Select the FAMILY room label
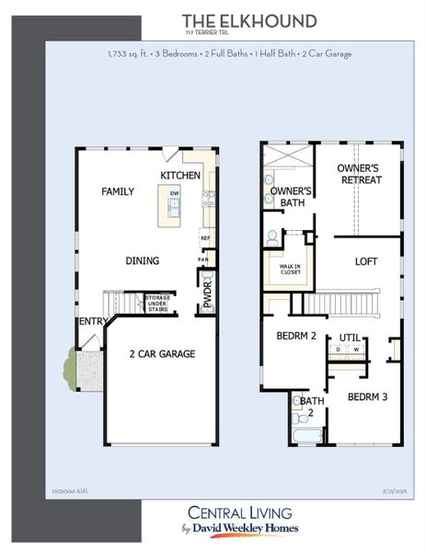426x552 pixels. click(118, 191)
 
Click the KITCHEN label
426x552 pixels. click(180, 175)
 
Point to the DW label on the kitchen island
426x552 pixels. click(174, 193)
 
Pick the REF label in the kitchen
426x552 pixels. click(206, 238)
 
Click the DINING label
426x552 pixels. click(143, 260)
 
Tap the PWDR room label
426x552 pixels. click(207, 293)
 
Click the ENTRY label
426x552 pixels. click(92, 321)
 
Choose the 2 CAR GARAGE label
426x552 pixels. click(162, 353)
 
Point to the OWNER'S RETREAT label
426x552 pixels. click(360, 175)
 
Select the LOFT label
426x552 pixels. click(366, 261)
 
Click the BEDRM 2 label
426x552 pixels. click(296, 336)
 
